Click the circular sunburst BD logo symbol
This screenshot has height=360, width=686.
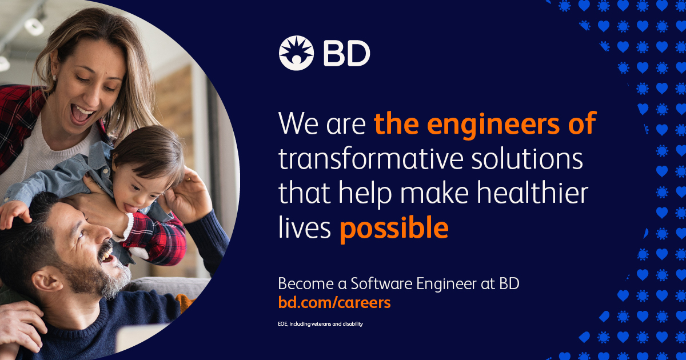296,53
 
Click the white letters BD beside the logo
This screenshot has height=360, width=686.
346,54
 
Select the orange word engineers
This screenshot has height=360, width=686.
496,124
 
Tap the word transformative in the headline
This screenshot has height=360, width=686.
370,159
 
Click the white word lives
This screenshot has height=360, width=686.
305,227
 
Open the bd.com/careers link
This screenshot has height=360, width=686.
334,302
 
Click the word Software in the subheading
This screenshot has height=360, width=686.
381,283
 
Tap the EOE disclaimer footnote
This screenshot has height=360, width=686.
320,323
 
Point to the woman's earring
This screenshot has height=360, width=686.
54,78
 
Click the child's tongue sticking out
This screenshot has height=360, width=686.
131,209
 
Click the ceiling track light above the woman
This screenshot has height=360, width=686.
34,26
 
